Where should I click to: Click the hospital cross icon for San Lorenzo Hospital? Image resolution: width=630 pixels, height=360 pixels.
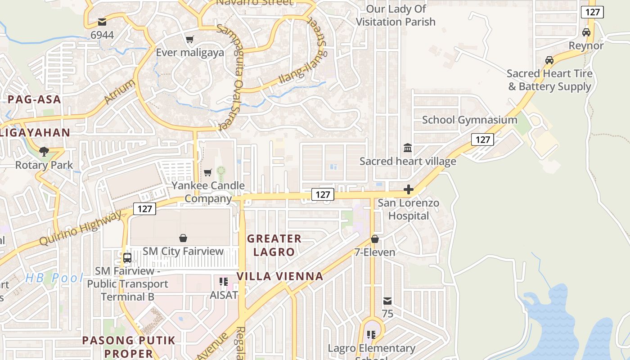409,190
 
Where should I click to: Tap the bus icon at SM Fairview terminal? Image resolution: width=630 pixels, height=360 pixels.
127,258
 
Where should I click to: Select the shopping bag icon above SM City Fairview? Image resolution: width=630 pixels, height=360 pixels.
183,238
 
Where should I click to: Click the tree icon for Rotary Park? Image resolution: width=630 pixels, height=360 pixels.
44,152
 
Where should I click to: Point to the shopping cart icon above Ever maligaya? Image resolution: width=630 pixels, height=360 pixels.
190,40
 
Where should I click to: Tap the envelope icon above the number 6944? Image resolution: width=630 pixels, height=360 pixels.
102,22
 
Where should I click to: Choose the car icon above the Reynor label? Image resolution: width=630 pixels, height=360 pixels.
586,32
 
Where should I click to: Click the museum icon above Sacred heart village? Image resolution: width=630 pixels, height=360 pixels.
408,148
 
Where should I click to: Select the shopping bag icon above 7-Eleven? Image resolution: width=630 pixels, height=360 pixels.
374,239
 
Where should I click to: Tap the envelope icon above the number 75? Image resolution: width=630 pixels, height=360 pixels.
387,301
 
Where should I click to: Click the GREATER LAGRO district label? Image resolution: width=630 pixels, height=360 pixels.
274,245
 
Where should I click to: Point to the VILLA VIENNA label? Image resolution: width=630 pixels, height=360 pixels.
280,276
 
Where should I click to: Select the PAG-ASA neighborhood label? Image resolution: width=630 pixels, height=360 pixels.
34,99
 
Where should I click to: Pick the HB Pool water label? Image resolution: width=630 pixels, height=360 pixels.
54,278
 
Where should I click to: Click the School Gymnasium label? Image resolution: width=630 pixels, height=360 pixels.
469,120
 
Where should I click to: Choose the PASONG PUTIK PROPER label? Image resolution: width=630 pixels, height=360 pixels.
128,346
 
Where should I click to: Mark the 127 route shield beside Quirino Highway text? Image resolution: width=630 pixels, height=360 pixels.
144,209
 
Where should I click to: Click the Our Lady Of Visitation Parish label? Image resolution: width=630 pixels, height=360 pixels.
396,15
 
